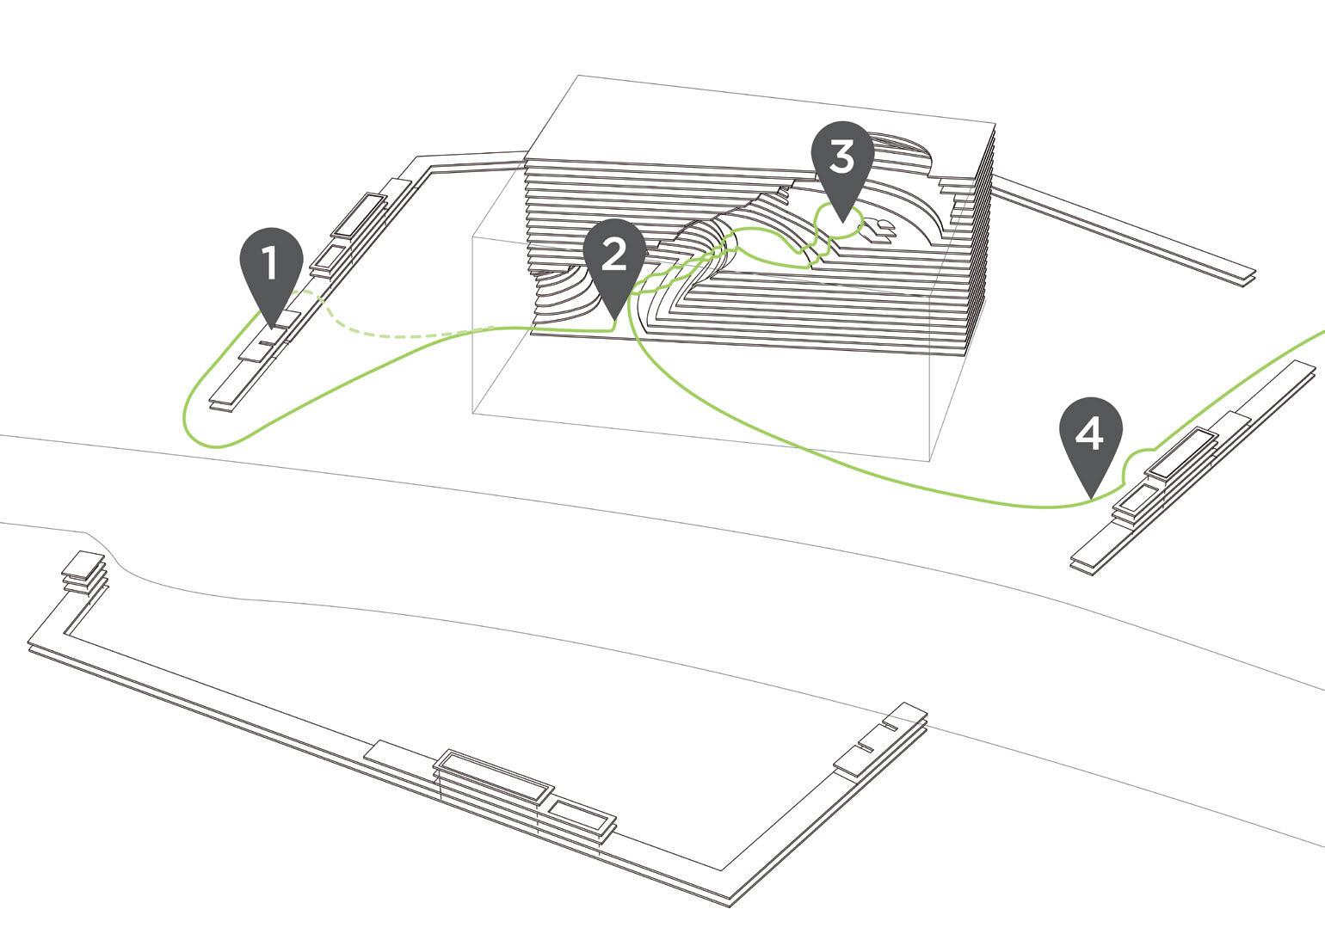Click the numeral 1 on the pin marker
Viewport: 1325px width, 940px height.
click(271, 263)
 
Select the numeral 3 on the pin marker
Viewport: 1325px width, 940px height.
click(841, 157)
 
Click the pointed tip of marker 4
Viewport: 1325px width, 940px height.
click(1090, 497)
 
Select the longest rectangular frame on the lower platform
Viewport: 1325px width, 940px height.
click(492, 773)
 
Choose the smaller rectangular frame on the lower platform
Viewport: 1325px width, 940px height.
click(582, 816)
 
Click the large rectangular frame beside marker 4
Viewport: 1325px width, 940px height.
click(1183, 453)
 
